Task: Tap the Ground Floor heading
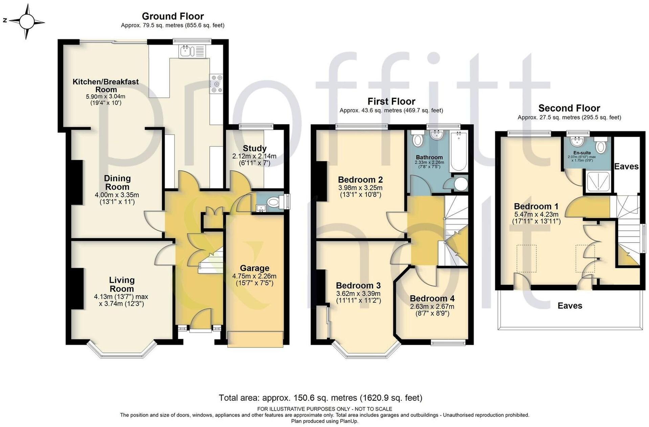[x=173, y=16]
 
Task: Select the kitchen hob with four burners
[x=216, y=83]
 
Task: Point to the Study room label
[x=254, y=148]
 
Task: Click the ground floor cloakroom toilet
[x=273, y=203]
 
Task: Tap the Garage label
[x=254, y=268]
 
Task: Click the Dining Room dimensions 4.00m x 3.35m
[x=117, y=195]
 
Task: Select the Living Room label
[x=121, y=284]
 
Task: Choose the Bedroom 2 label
[x=360, y=180]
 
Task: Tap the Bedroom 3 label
[x=358, y=285]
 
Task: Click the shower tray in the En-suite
[x=599, y=181]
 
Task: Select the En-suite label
[x=582, y=153]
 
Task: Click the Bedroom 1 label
[x=536, y=206]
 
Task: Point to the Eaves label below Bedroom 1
[x=570, y=306]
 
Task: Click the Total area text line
[x=320, y=398]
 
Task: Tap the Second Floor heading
[x=569, y=108]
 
